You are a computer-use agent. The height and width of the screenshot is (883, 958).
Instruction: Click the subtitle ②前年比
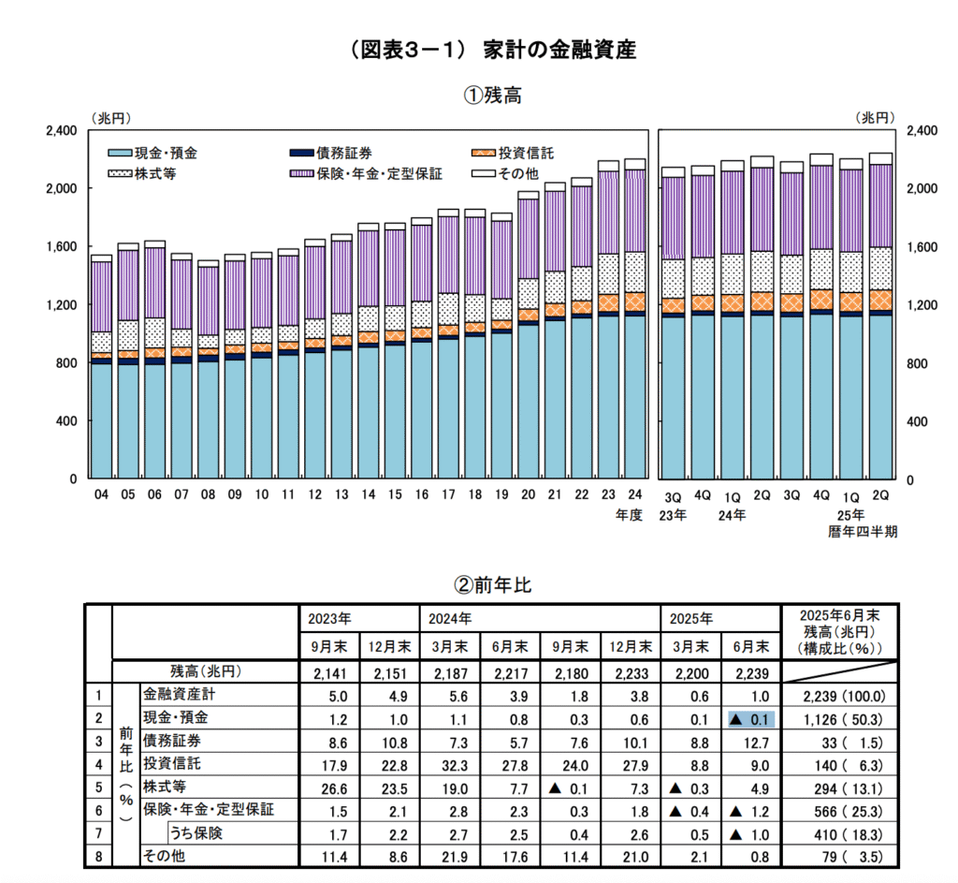(x=492, y=585)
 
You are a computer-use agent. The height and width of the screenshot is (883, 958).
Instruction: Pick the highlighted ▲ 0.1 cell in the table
(x=751, y=717)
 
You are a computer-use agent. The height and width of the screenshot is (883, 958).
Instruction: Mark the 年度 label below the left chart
(x=629, y=515)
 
